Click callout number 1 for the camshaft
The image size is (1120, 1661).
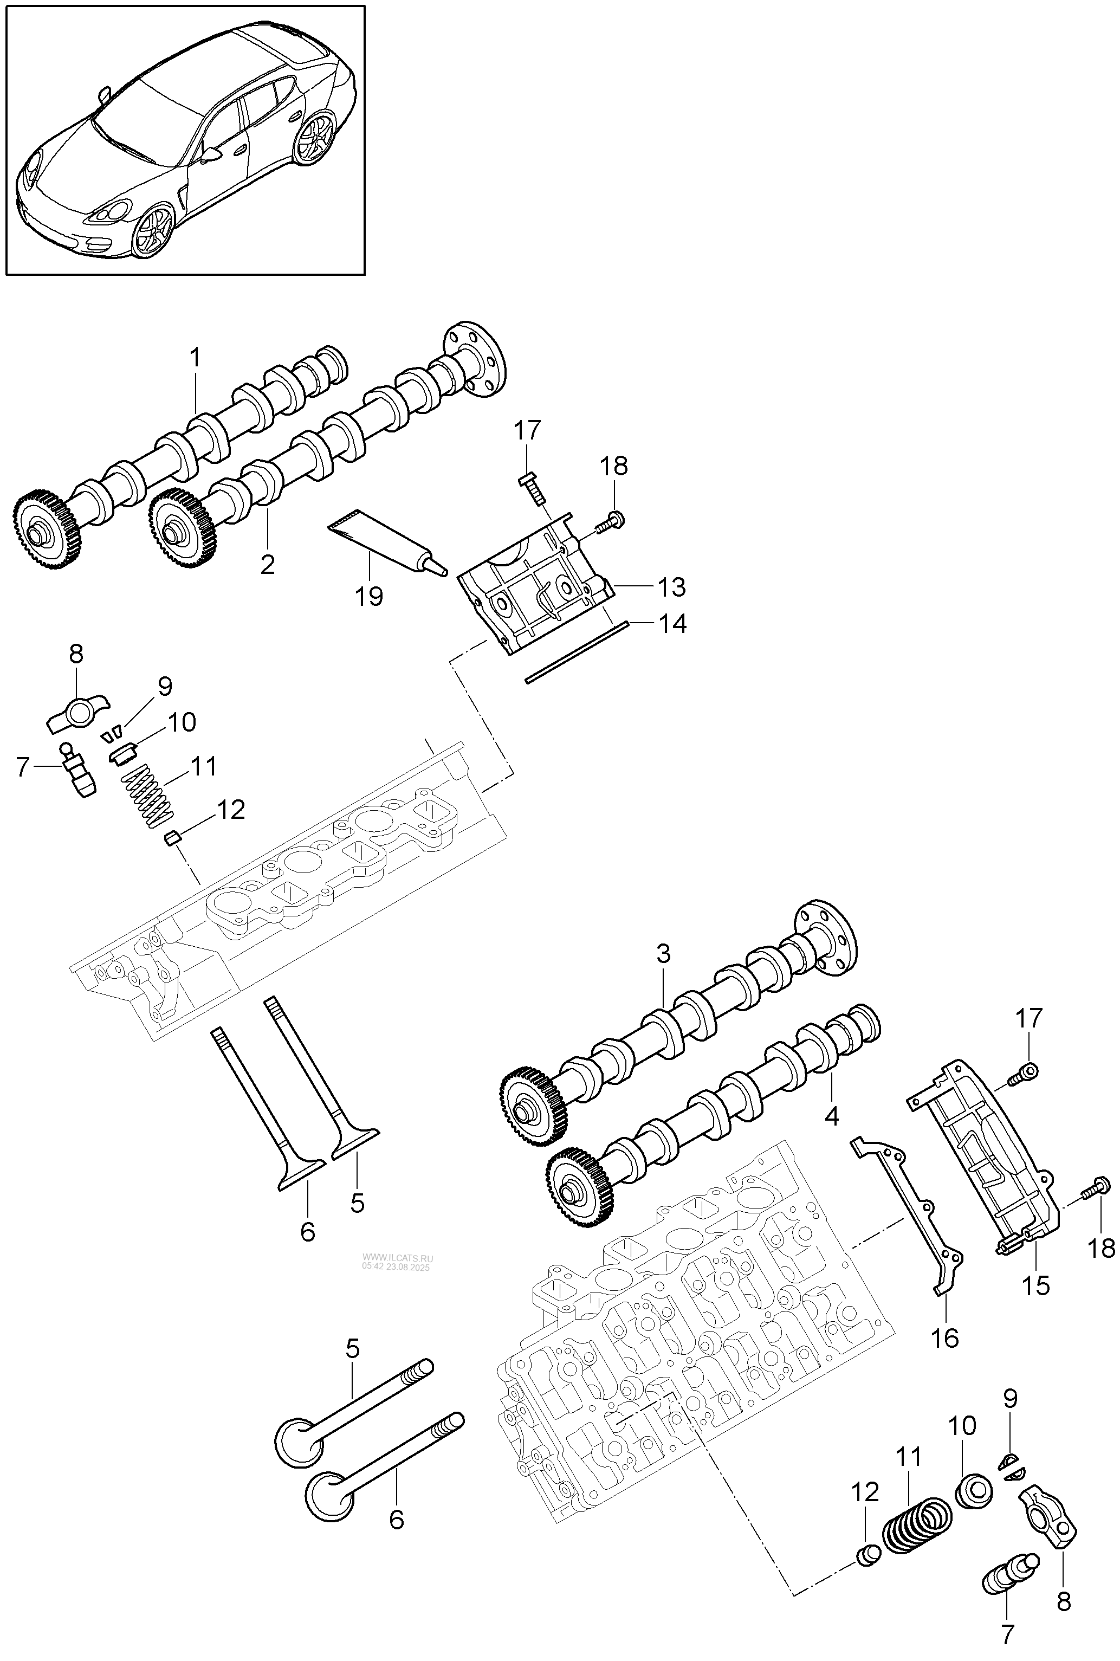(195, 358)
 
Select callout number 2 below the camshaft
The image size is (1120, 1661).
(268, 564)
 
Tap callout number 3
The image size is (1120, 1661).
(664, 954)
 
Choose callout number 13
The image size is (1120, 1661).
(671, 587)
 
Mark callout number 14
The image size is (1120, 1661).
(671, 624)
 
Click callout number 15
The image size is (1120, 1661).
(1035, 1286)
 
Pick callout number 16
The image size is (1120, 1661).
(945, 1338)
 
